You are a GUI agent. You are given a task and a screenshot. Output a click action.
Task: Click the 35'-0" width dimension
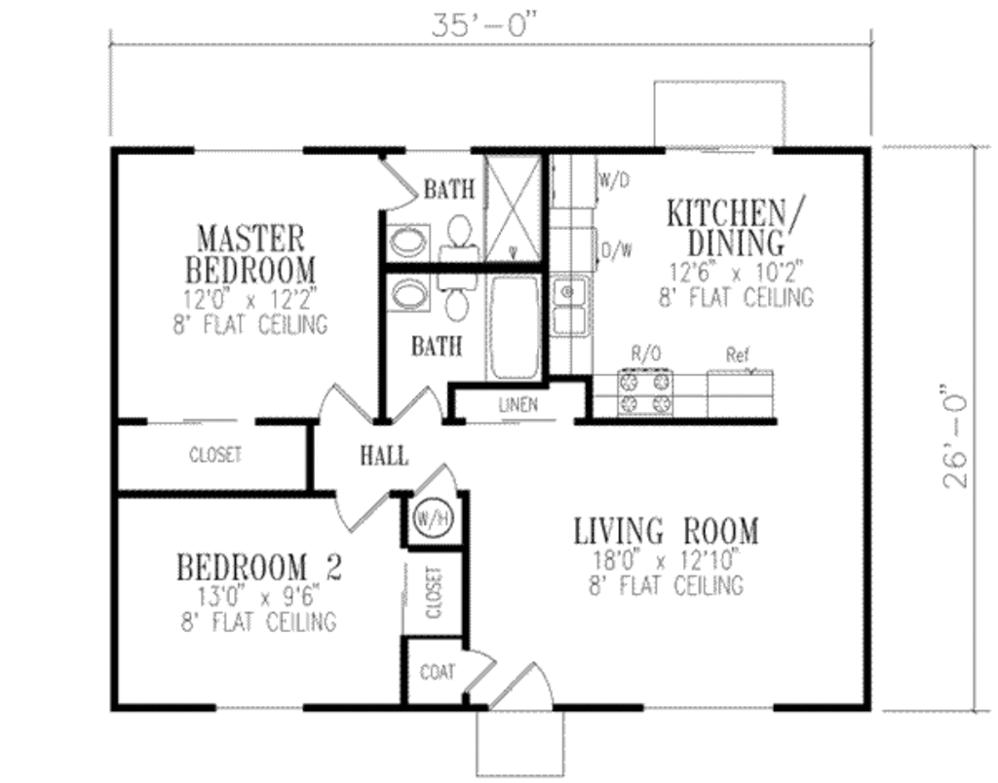(484, 25)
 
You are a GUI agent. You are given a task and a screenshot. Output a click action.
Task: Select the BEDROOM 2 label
(257, 566)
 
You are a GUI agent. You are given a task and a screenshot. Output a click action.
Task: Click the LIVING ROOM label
(665, 532)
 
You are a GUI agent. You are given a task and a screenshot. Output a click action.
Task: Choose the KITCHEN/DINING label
(724, 226)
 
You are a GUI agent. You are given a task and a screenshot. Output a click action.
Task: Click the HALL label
(383, 455)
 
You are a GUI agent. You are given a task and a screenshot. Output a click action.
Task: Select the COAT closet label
(436, 672)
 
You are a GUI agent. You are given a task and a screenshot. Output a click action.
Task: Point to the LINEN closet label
(518, 405)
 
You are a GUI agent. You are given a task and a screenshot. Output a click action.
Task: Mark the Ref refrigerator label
(738, 355)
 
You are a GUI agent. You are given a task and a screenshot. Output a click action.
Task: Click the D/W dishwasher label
(616, 250)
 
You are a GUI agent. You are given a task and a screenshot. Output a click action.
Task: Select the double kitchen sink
(569, 307)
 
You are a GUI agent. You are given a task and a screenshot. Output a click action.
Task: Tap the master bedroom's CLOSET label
(214, 455)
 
